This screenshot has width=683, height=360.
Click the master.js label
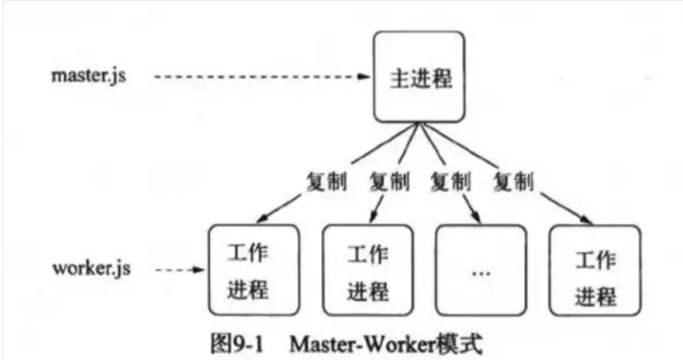[x=89, y=76]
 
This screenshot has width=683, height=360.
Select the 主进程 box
[x=419, y=76]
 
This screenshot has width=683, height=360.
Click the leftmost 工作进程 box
[x=253, y=270]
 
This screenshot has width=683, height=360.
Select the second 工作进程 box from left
[x=368, y=270]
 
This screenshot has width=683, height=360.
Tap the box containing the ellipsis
[x=481, y=270]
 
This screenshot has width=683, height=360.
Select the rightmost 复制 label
[x=513, y=183]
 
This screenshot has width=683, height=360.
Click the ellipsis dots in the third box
[x=481, y=273]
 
